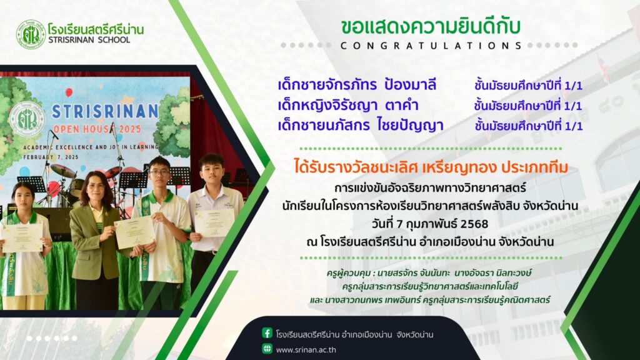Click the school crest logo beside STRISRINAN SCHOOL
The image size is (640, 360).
(31, 35)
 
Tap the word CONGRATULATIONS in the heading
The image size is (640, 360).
(431, 46)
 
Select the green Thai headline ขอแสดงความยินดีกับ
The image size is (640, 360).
(431, 27)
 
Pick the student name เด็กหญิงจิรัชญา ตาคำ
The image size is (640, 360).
(348, 105)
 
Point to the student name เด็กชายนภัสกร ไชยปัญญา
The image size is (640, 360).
(361, 125)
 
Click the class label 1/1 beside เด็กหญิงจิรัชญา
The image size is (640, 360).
(572, 106)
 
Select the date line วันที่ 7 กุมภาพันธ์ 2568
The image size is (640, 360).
(430, 224)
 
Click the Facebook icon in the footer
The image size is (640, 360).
(267, 333)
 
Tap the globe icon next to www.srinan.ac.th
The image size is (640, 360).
(267, 349)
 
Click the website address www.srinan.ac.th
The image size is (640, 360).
(306, 350)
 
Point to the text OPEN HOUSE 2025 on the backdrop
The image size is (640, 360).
(97, 129)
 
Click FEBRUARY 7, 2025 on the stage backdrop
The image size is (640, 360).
(51, 157)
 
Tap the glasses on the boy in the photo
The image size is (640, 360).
(159, 172)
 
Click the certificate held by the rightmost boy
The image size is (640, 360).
(214, 223)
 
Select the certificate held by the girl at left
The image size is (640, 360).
(22, 237)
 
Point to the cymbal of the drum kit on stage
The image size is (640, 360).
(63, 171)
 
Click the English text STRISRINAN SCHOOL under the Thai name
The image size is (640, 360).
(89, 40)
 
